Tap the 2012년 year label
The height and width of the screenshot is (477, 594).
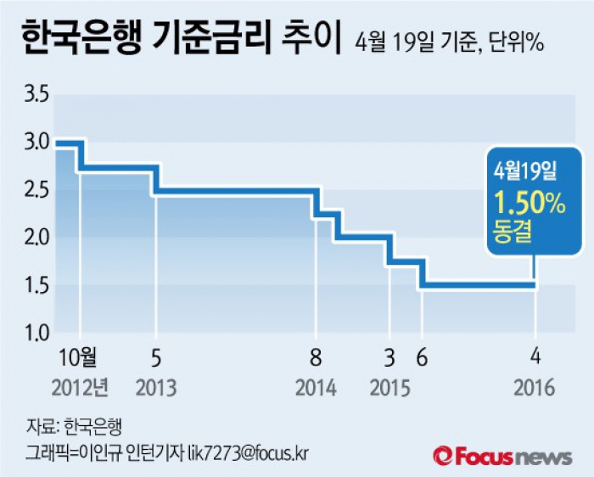pos(80,388)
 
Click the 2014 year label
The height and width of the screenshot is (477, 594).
pos(316,388)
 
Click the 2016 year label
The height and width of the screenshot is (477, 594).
pos(534,388)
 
